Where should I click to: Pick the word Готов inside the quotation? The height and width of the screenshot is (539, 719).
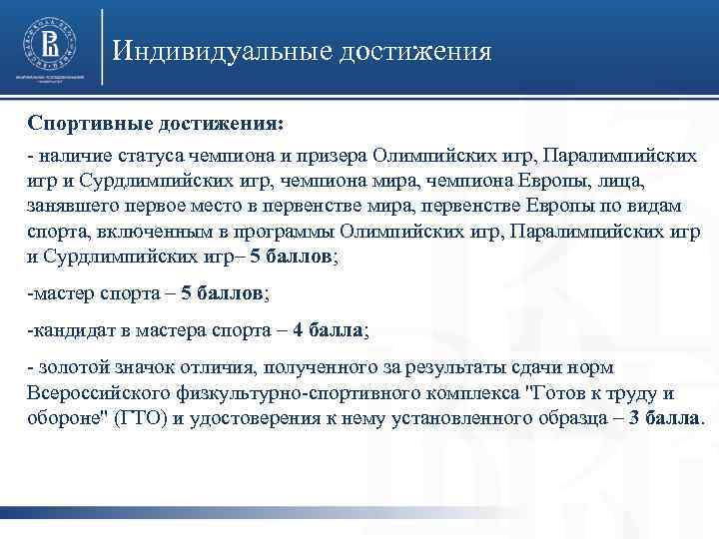pos(547,393)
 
